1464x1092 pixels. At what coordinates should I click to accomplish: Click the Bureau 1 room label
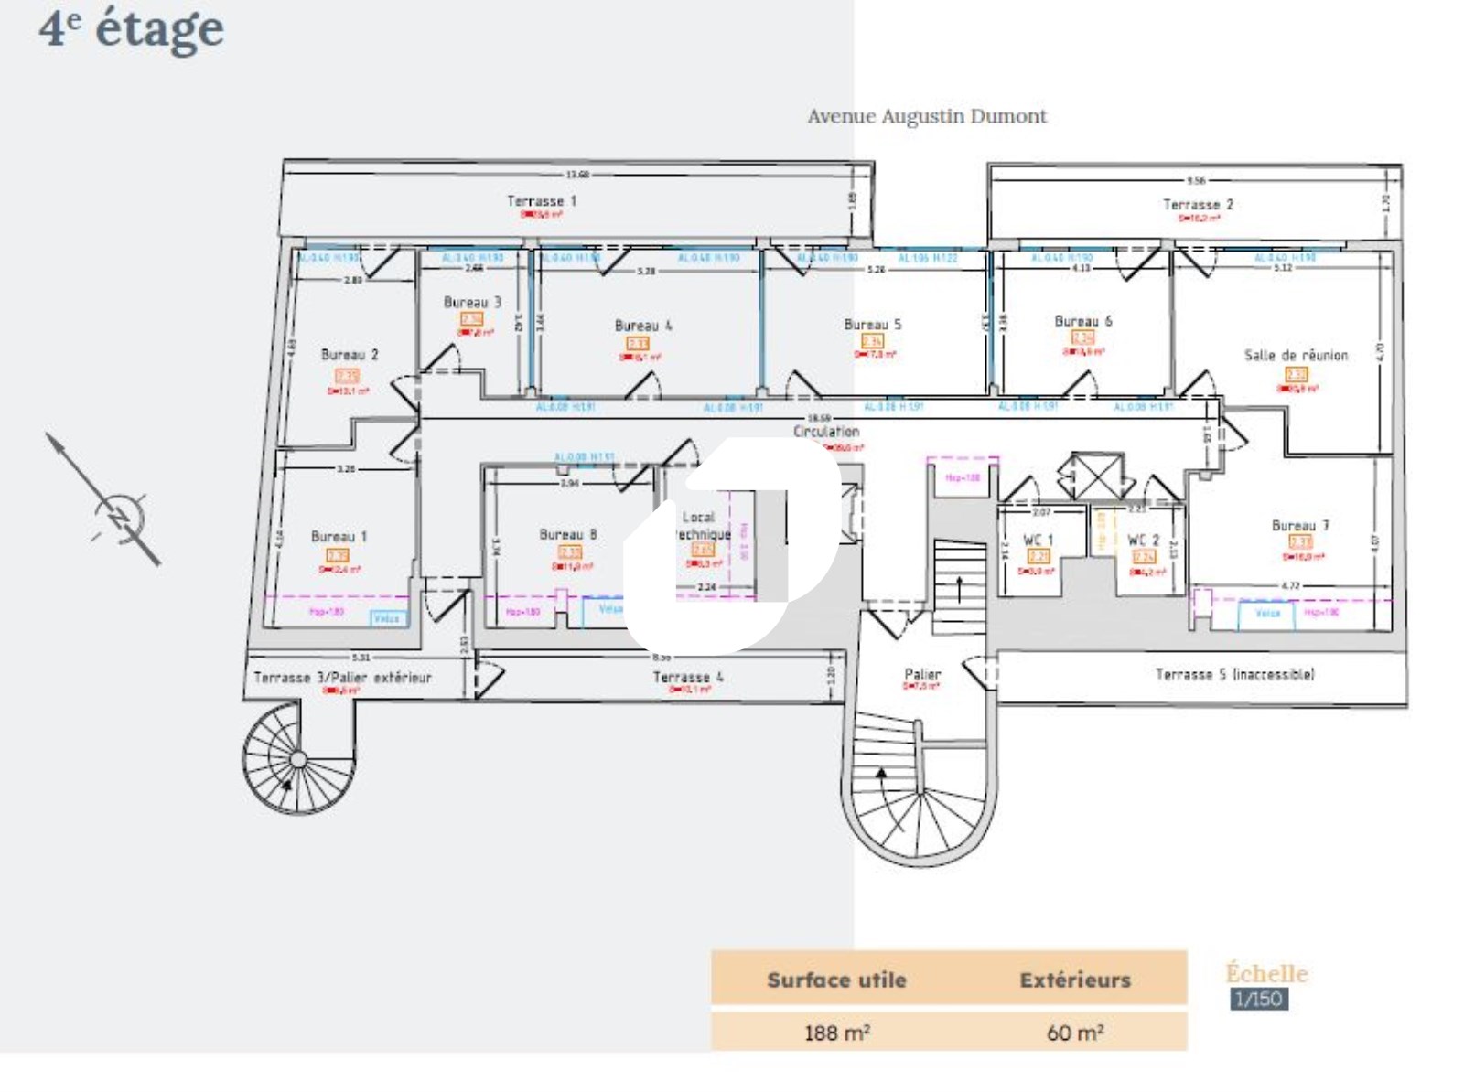[x=339, y=537]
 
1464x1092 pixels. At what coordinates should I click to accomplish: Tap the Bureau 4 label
[x=643, y=326]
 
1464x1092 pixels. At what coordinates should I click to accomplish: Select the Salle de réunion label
[x=1296, y=356]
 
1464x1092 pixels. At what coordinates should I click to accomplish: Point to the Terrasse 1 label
[x=542, y=201]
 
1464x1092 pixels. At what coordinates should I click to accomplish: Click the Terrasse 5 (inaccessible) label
[x=1234, y=675]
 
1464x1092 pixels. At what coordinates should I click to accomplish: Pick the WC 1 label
[x=1038, y=540]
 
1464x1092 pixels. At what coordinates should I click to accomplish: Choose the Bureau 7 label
[x=1300, y=526]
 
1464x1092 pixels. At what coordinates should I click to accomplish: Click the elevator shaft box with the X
[x=1096, y=476]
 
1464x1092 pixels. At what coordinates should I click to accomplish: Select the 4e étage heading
[x=131, y=28]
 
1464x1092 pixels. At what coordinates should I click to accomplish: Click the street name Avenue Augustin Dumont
[x=926, y=117]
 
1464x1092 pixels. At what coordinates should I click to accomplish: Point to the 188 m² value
[x=836, y=1033]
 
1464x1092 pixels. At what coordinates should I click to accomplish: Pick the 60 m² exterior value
[x=1075, y=1033]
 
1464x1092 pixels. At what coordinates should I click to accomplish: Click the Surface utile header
[x=836, y=980]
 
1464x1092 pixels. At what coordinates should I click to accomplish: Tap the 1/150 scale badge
[x=1258, y=999]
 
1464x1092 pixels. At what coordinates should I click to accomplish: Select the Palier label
[x=922, y=674]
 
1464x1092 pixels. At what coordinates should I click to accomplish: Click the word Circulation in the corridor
[x=826, y=432]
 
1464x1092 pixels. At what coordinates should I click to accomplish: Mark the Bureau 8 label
[x=567, y=535]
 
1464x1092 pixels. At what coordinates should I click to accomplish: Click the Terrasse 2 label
[x=1198, y=205]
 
